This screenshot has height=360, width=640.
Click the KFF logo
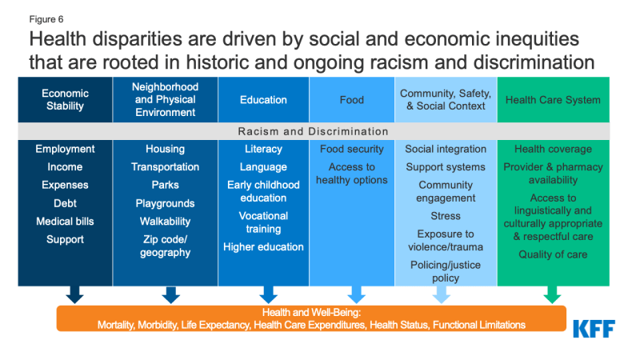(x=594, y=329)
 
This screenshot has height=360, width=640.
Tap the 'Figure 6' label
(x=46, y=19)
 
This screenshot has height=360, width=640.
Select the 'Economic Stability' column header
(x=65, y=99)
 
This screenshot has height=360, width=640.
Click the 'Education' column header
(x=263, y=100)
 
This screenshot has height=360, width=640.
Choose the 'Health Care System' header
(x=553, y=100)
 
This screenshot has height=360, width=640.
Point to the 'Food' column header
(x=352, y=100)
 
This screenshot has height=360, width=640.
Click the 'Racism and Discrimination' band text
(x=313, y=131)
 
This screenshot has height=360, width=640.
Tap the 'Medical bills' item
(x=65, y=222)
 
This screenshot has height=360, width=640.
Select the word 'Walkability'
(x=166, y=222)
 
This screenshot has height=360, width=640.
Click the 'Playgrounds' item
(x=166, y=203)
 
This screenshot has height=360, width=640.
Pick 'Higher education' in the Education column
(x=263, y=247)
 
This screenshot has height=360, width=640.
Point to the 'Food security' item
(x=352, y=149)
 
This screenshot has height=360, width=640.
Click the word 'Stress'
(x=446, y=216)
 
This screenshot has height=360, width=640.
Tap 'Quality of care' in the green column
(x=553, y=254)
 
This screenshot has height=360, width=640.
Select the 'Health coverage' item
(x=553, y=149)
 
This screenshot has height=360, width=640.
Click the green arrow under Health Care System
(x=552, y=294)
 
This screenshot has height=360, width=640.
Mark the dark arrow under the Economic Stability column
(x=74, y=294)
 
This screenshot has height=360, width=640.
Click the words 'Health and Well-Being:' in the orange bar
(x=311, y=313)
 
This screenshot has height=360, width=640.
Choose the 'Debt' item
(x=65, y=203)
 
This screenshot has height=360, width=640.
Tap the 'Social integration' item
(x=446, y=149)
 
